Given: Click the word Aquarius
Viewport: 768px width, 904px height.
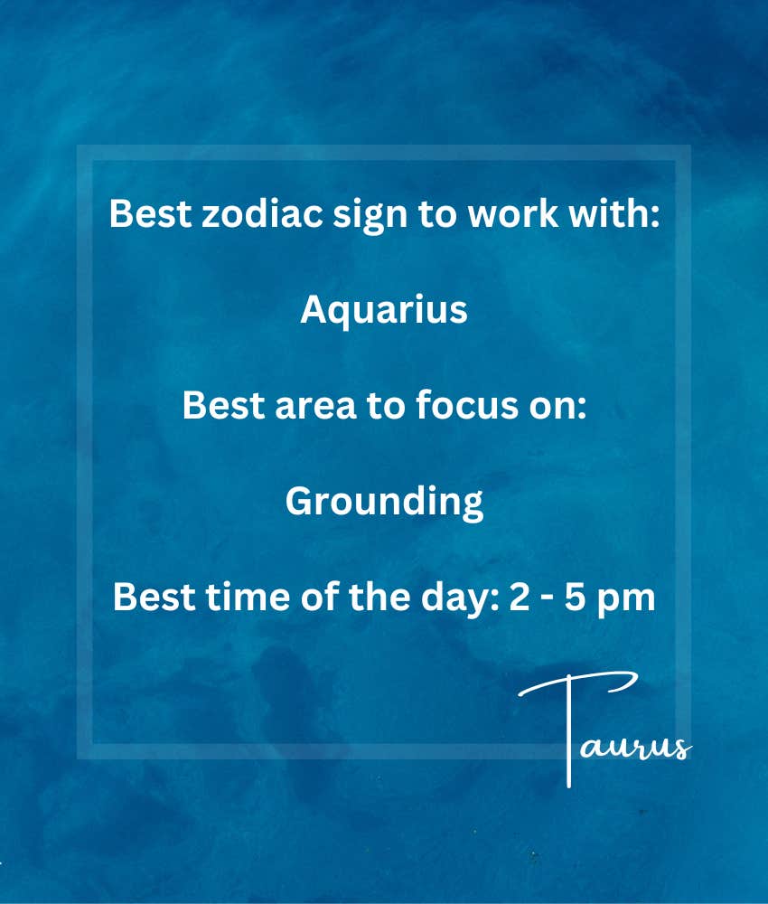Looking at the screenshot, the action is coord(384,311).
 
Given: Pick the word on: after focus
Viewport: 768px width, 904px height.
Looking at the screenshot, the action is coord(557,407).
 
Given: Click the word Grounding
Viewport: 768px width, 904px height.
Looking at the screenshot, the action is coord(384,503).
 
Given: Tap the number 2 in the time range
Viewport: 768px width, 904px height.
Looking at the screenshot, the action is coord(520,598).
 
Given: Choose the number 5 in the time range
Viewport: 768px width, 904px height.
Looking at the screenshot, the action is coord(575,598).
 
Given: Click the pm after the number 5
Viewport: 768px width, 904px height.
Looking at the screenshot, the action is coord(625,601).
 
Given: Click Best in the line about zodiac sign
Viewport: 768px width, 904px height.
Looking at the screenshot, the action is coord(150,212).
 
